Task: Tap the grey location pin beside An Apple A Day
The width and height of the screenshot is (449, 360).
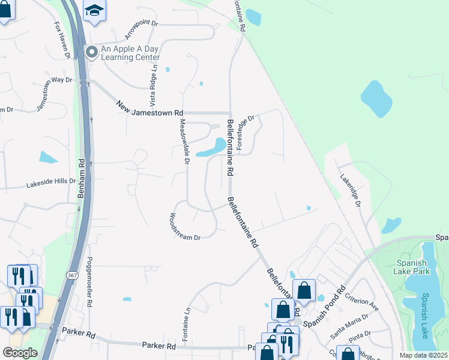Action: (91, 52)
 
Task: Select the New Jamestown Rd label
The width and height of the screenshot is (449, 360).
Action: (149, 108)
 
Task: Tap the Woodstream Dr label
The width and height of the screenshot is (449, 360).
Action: (185, 226)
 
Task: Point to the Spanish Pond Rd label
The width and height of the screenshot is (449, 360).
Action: (324, 308)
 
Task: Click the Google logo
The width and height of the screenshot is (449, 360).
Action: (20, 353)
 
